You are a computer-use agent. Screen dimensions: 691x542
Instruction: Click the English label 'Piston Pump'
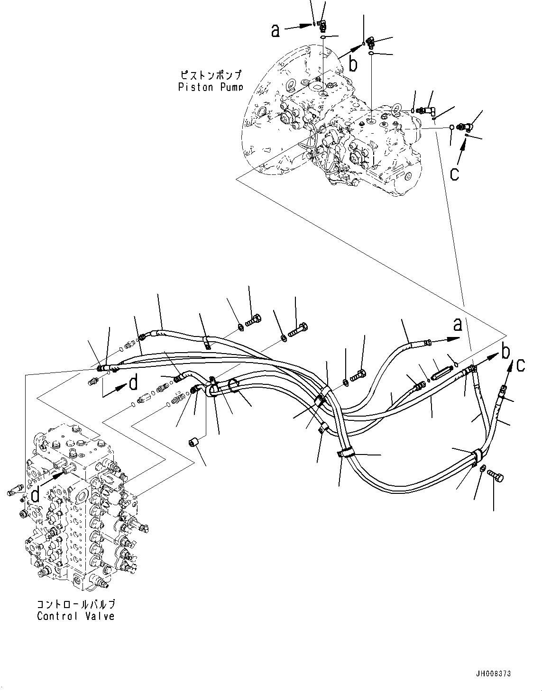[210, 87]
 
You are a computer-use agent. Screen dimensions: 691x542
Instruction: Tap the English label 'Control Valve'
[75, 616]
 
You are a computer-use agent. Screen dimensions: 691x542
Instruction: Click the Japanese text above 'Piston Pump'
[210, 75]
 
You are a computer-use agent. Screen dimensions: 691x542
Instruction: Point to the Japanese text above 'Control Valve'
[75, 605]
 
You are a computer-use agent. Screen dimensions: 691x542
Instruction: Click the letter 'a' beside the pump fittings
[276, 30]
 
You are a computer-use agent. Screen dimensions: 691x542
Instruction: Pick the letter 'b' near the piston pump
[353, 64]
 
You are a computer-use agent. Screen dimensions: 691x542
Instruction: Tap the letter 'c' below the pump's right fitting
[454, 173]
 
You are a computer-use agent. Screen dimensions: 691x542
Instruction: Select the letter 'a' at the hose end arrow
[457, 325]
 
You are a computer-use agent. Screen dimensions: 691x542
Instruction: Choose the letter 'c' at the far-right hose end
[521, 365]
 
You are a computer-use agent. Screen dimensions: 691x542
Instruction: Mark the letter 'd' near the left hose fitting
[134, 382]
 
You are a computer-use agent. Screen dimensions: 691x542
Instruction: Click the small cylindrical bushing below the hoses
[193, 443]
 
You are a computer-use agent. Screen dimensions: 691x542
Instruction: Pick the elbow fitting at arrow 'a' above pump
[322, 23]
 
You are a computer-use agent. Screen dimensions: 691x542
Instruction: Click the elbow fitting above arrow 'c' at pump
[468, 126]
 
